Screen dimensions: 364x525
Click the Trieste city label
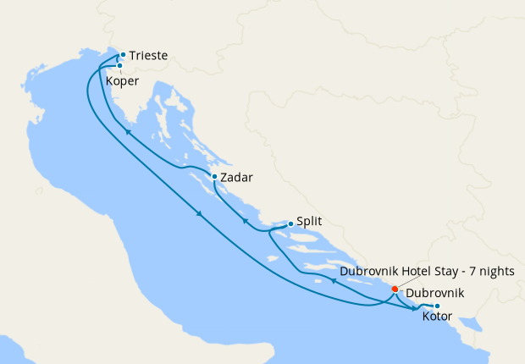click(x=148, y=56)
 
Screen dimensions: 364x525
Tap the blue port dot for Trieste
click(x=123, y=55)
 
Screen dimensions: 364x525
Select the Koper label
click(x=124, y=82)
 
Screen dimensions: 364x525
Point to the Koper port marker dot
click(x=119, y=65)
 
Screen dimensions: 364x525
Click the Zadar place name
click(x=236, y=179)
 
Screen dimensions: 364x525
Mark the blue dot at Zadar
click(x=214, y=177)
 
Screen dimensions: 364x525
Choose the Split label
click(x=310, y=223)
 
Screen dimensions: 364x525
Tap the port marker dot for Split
click(x=290, y=223)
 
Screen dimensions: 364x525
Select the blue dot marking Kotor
click(x=437, y=306)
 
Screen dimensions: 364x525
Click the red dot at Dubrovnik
click(x=395, y=289)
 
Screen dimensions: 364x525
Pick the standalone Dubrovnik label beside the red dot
click(x=435, y=294)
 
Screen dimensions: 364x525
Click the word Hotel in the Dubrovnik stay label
click(x=417, y=271)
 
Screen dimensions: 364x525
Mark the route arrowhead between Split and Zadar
click(x=244, y=221)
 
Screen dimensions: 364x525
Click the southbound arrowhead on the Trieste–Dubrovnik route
click(x=200, y=213)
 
